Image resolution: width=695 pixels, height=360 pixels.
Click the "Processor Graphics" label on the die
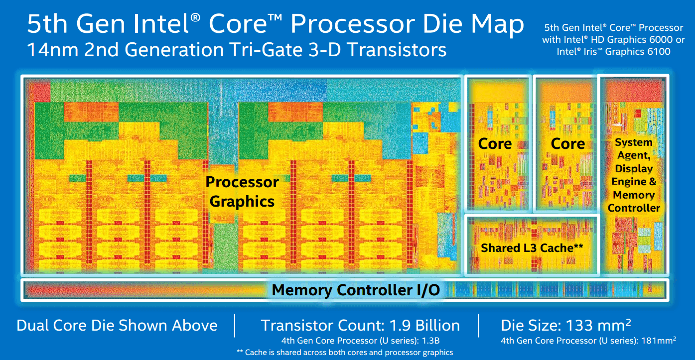coord(242,191)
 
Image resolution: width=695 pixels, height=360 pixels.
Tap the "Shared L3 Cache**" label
coord(532,248)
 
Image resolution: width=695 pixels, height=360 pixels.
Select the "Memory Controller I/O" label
coord(356,290)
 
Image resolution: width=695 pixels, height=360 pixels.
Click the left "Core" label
coord(495,143)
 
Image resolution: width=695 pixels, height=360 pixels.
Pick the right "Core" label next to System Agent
coord(568,143)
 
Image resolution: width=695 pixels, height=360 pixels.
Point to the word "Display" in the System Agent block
coord(634,169)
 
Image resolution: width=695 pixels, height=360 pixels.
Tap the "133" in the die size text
coord(578,325)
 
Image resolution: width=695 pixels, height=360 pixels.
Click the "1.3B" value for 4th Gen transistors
coord(430,341)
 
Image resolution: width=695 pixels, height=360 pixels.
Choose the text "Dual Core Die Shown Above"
coord(117,325)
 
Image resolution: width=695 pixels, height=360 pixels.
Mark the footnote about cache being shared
coord(345,353)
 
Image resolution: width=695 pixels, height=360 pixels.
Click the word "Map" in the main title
coord(498,24)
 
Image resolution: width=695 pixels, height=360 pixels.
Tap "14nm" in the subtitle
coord(53,50)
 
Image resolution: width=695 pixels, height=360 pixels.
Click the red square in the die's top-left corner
coord(39,90)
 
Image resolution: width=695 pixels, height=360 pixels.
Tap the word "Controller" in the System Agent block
coord(634,208)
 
